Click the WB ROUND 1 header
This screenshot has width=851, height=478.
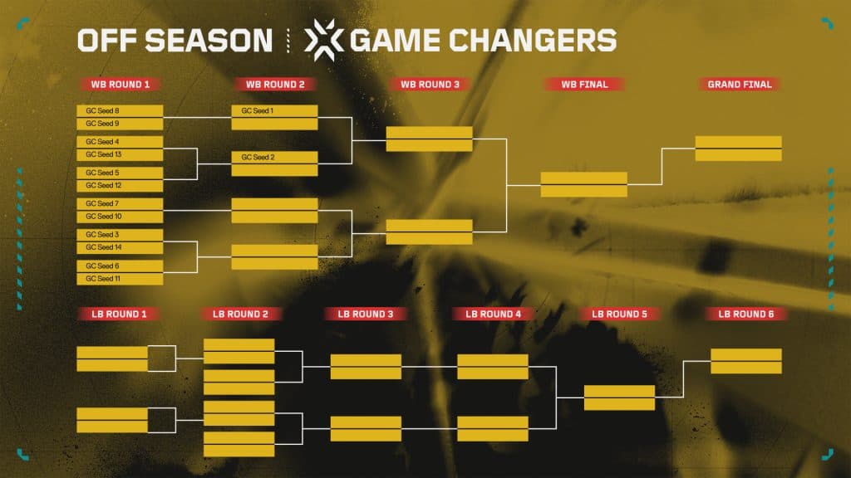(x=120, y=84)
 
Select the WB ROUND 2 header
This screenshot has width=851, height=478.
(x=274, y=84)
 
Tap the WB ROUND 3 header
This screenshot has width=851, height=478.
(x=429, y=84)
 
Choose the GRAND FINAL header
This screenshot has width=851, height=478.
(x=739, y=84)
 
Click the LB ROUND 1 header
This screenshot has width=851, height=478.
(x=120, y=314)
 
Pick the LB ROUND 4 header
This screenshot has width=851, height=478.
(x=493, y=314)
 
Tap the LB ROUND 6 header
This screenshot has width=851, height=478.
(x=745, y=314)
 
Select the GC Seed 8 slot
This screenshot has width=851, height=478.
(x=120, y=110)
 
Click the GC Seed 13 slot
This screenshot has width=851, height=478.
(x=120, y=154)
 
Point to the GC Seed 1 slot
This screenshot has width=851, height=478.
(x=274, y=110)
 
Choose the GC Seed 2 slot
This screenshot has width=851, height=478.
(x=274, y=157)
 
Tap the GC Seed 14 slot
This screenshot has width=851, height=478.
(x=120, y=247)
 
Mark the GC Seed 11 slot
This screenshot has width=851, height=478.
(x=120, y=279)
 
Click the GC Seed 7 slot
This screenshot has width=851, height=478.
(x=120, y=203)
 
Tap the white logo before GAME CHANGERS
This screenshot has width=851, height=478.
(x=321, y=39)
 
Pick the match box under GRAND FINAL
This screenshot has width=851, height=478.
(x=738, y=148)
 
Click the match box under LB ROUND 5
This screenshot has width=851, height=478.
(x=619, y=398)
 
